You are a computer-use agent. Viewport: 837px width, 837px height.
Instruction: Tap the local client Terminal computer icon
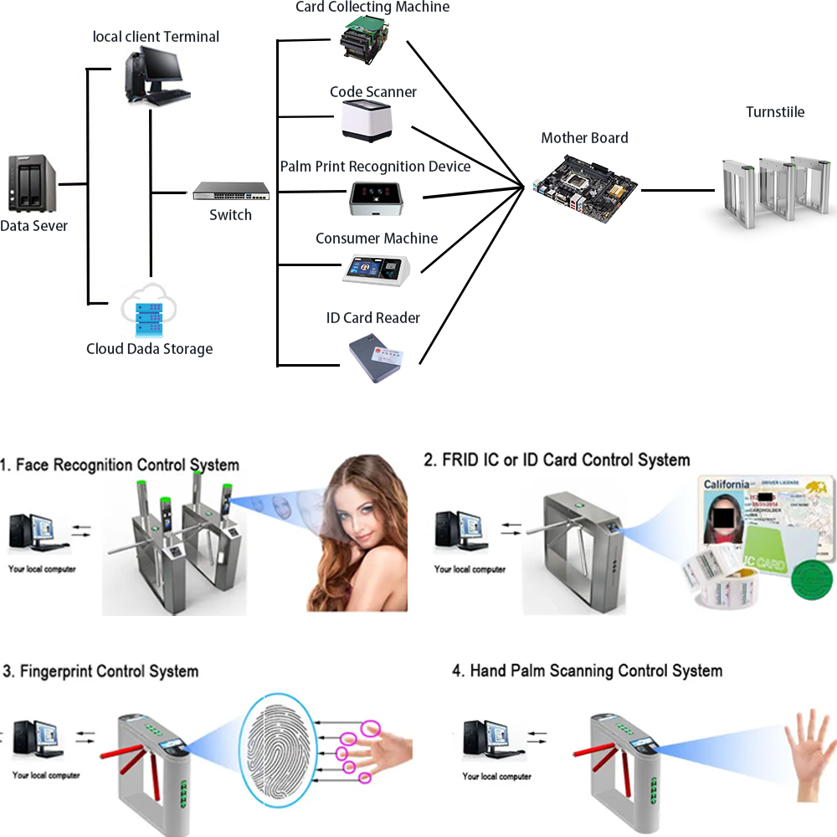157,75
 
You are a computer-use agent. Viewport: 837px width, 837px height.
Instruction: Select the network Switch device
231,192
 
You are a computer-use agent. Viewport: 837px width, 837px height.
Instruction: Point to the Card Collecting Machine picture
367,39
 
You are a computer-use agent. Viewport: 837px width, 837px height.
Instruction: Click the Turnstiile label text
775,112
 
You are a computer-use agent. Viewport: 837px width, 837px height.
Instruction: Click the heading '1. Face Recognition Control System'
120,465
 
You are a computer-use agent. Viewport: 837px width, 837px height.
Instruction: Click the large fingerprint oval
277,747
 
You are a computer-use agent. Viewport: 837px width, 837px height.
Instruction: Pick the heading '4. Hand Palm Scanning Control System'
587,671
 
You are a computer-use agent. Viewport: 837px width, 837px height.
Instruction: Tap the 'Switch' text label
230,215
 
